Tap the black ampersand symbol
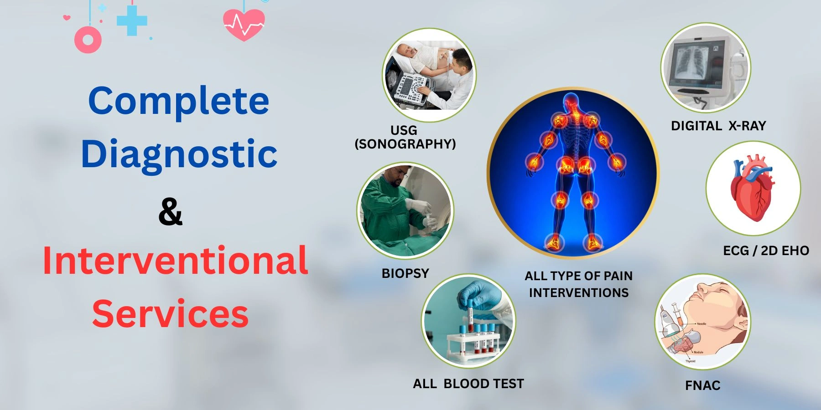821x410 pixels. [x=171, y=211]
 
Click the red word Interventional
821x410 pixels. [x=175, y=260]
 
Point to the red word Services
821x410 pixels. [x=170, y=313]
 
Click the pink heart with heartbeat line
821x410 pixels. [x=244, y=25]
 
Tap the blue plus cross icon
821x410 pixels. [x=132, y=20]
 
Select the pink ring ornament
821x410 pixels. [x=88, y=40]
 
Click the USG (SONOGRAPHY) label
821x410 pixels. [x=405, y=137]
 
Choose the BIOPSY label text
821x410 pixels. [x=405, y=273]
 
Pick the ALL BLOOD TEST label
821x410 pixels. [x=468, y=384]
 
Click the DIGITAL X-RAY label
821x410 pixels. [x=718, y=126]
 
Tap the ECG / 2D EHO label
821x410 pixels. [x=766, y=251]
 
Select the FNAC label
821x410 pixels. [x=703, y=385]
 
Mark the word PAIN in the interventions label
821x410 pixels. [x=618, y=276]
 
